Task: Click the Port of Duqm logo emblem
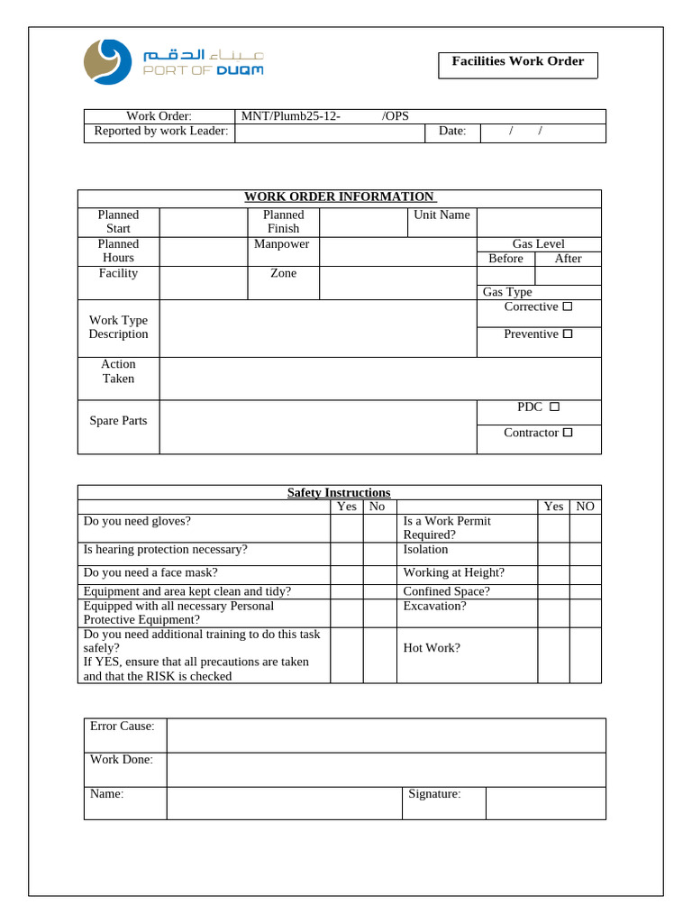(105, 62)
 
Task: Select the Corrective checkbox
(568, 307)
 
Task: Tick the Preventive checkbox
(568, 334)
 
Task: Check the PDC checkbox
(554, 407)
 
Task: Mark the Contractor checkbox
(568, 434)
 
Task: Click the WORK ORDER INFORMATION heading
(339, 197)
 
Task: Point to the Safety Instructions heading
(339, 493)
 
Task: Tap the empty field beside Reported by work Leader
(329, 132)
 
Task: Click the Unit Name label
(442, 215)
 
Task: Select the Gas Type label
(507, 292)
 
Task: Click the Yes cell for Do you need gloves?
(346, 527)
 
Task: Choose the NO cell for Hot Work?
(585, 654)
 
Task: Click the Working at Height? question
(453, 573)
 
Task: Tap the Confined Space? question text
(446, 592)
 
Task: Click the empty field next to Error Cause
(386, 736)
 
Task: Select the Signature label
(434, 794)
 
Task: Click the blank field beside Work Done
(386, 770)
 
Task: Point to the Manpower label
(282, 244)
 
